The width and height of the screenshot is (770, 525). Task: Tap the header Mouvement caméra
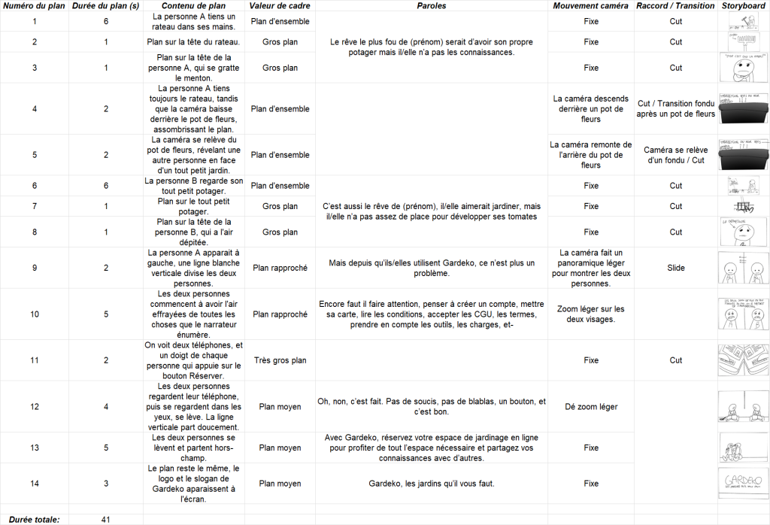tap(590, 6)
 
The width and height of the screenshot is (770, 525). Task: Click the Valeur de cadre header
tap(280, 6)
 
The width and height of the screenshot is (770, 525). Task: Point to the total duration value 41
tap(106, 519)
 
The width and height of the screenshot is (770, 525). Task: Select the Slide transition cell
tap(675, 268)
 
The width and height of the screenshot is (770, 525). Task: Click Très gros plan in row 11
tap(280, 360)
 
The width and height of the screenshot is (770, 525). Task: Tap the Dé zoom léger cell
tap(590, 407)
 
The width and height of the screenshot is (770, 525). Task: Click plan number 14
tap(35, 484)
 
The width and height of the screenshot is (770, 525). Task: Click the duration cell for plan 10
tap(106, 314)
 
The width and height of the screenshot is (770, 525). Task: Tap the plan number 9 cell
tap(35, 268)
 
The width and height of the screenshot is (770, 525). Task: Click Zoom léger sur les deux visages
tap(590, 314)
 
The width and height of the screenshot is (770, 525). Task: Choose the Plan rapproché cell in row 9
tap(280, 268)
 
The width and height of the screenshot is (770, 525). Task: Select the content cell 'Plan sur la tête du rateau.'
tap(195, 42)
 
